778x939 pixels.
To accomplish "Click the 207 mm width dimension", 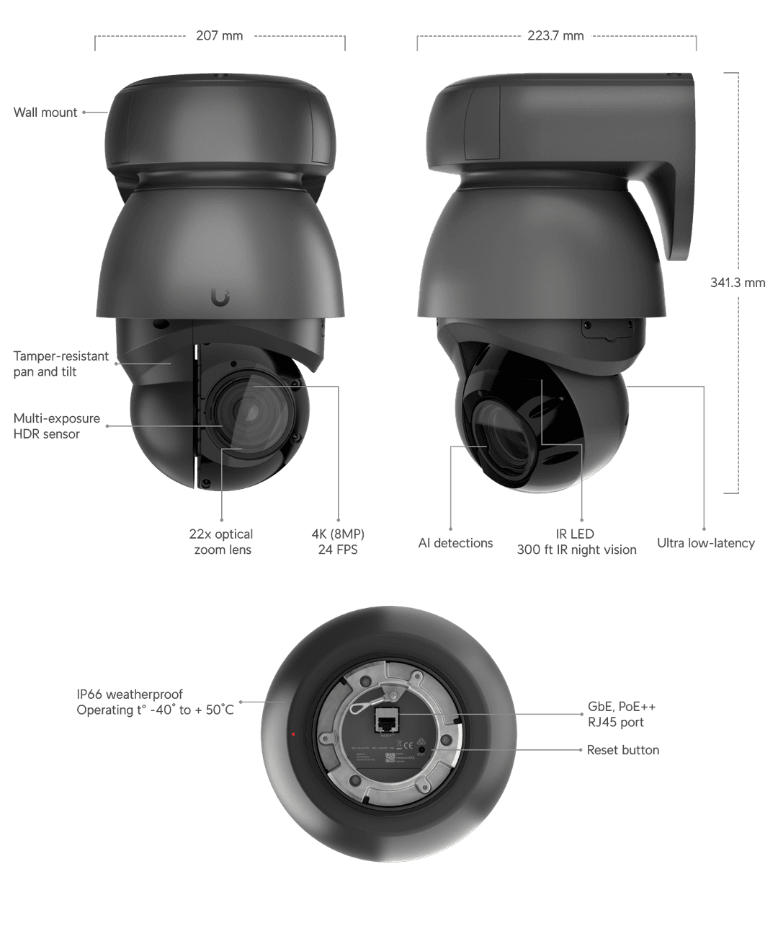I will (220, 35).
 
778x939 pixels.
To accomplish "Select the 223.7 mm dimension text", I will (555, 35).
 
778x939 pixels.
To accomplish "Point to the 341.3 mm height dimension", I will (738, 283).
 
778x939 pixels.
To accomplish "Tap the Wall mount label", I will (45, 113).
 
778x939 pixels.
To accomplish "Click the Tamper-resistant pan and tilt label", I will (61, 364).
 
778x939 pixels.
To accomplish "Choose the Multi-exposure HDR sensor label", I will (56, 426).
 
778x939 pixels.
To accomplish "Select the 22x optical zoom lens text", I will (221, 542).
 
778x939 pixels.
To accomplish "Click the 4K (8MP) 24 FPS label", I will (338, 542).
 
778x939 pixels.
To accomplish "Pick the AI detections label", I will (455, 543).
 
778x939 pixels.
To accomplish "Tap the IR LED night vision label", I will (576, 542).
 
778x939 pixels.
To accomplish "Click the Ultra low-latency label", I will (705, 543).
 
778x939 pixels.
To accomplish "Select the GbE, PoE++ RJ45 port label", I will (621, 715).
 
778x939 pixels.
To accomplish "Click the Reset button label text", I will (622, 750).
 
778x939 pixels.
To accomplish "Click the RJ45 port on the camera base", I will (386, 720).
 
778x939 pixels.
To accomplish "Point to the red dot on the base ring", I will (293, 734).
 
